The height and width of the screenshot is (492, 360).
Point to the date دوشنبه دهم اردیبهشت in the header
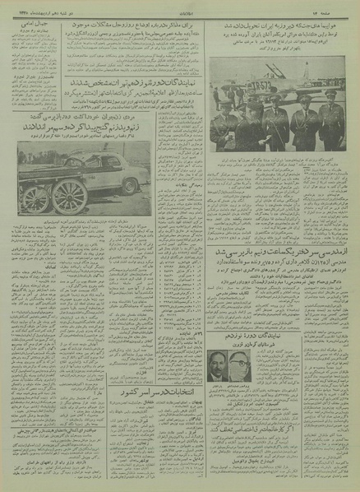point(41,7)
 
